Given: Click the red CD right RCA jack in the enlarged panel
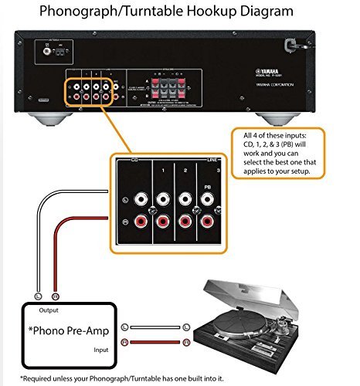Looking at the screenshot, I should click(141, 224).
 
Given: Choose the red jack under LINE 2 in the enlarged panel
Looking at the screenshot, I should click(185, 225).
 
